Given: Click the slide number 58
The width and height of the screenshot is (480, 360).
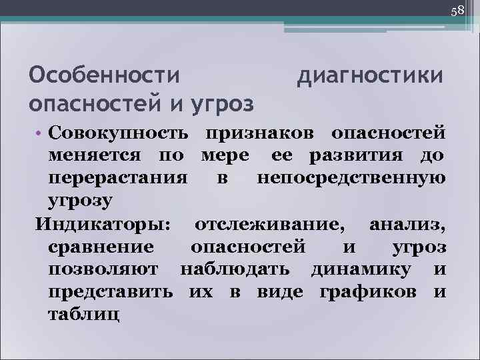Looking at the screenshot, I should click(x=457, y=11).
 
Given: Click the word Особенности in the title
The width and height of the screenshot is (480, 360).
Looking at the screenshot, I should click(x=105, y=75).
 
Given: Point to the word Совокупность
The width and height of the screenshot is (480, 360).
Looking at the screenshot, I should click(x=122, y=132).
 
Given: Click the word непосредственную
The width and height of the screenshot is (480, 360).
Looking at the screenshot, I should click(x=351, y=178).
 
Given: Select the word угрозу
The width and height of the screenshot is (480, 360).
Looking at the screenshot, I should click(x=81, y=201).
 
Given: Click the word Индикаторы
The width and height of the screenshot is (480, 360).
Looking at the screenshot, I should click(x=103, y=223).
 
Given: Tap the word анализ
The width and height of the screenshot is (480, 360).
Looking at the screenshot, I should click(x=407, y=223).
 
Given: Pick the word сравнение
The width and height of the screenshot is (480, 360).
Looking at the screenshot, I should click(x=102, y=246).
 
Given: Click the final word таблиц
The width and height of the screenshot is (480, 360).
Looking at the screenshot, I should click(x=84, y=314).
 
